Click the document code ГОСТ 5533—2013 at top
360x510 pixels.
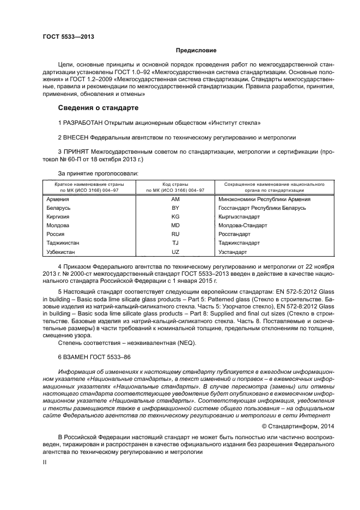point(68,37)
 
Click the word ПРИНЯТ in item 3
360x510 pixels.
point(80,152)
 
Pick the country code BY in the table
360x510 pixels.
point(175,208)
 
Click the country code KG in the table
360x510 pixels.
point(175,216)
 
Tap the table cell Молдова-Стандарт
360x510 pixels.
point(242,226)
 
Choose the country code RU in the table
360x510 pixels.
point(175,234)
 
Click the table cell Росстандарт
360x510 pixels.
point(235,234)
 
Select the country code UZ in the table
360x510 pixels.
point(175,252)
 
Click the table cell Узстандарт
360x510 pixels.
point(232,252)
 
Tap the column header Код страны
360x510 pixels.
point(175,184)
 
